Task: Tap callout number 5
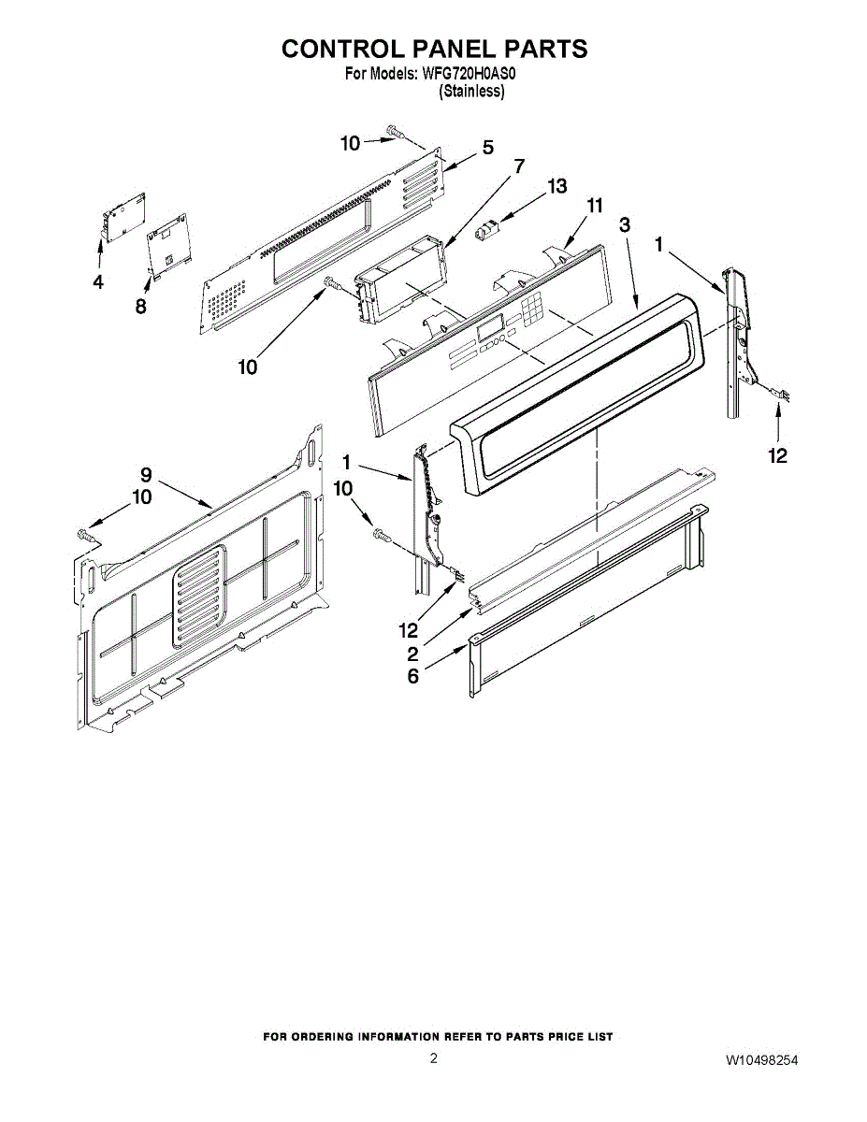click(x=487, y=148)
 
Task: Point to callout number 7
click(x=519, y=165)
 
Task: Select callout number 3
click(x=625, y=224)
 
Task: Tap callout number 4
click(x=98, y=281)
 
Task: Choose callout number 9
click(x=146, y=474)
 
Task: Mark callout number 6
click(x=412, y=676)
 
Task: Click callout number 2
click(x=412, y=654)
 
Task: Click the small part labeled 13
click(x=485, y=230)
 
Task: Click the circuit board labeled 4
click(x=123, y=216)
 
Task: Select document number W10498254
click(x=761, y=1060)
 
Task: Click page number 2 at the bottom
click(x=433, y=1058)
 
